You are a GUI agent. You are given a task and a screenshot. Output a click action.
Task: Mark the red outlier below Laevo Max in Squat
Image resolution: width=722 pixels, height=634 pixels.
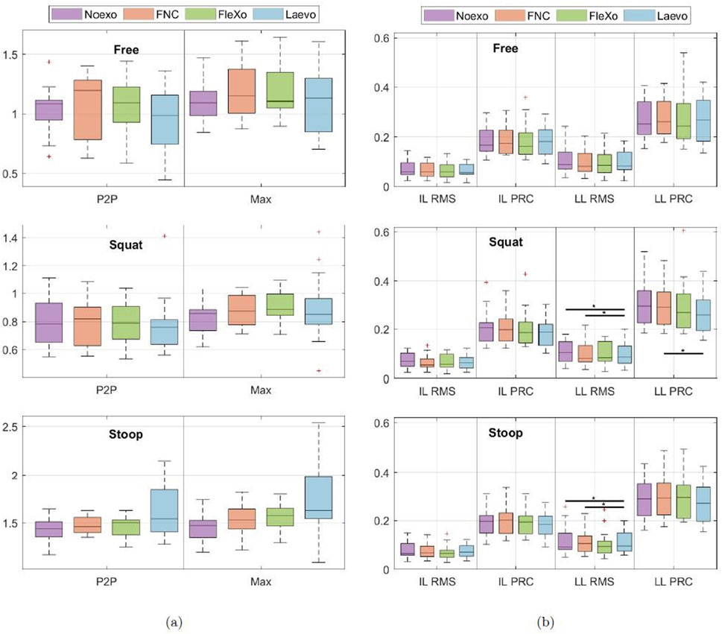click(x=319, y=370)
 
